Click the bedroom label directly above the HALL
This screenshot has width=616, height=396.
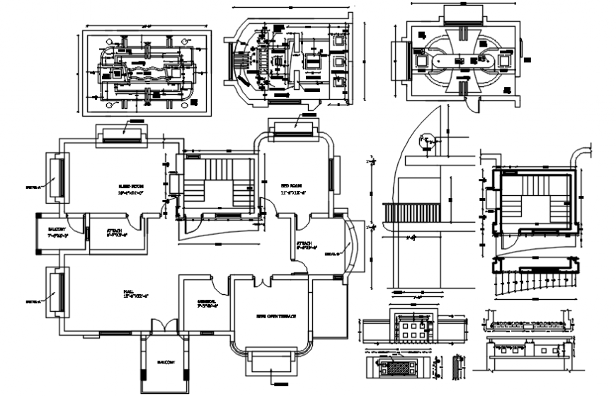[131, 188]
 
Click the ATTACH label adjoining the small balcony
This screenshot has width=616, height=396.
[115, 233]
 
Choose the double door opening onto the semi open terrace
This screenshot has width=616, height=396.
[263, 282]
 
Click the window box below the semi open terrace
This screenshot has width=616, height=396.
[272, 366]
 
